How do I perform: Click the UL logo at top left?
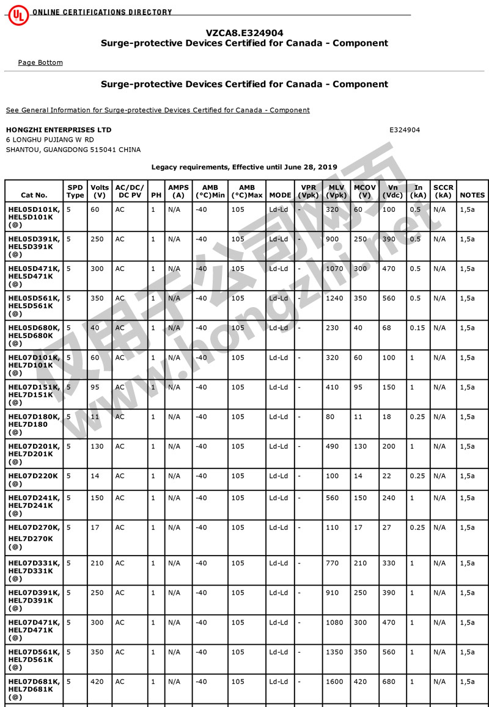[x=18, y=15]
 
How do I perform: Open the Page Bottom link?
[x=40, y=62]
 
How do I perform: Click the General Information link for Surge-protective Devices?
[x=158, y=110]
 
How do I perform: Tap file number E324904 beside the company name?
[x=405, y=130]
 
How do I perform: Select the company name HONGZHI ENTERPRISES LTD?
[x=59, y=130]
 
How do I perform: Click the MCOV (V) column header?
[x=365, y=191]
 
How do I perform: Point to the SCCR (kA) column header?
[x=443, y=191]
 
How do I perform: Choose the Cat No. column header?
[x=34, y=195]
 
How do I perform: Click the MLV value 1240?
[x=335, y=299]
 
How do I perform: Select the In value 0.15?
[x=417, y=328]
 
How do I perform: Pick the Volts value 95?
[x=95, y=387]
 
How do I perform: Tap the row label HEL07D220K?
[x=34, y=476]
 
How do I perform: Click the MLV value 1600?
[x=335, y=681]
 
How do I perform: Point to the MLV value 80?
[x=330, y=417]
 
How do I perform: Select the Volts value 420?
[x=97, y=681]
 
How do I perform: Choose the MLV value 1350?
[x=335, y=652]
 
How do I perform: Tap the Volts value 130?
[x=97, y=446]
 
